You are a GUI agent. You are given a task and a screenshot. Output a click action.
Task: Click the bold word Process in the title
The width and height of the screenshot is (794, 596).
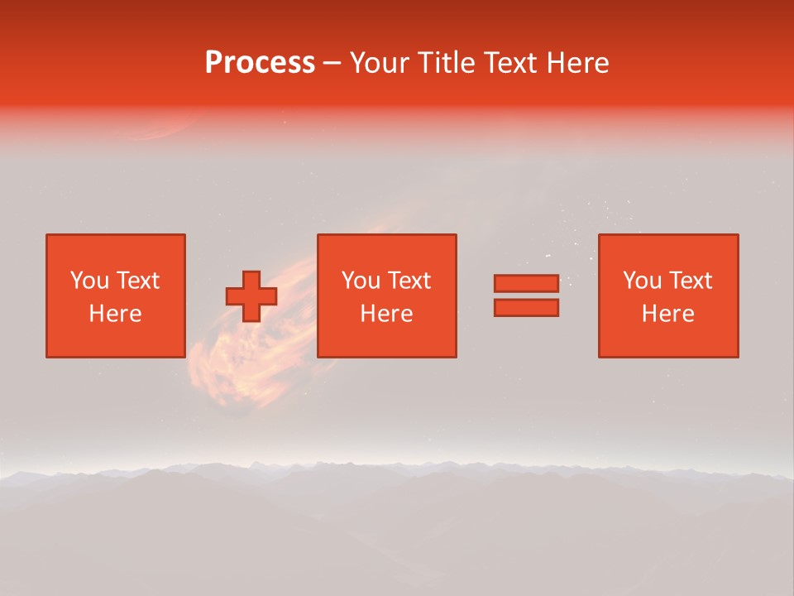click(x=260, y=63)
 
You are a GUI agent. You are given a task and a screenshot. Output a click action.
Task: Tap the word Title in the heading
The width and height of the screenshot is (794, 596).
click(x=445, y=63)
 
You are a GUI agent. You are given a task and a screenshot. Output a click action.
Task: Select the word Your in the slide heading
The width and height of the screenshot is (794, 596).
click(x=380, y=63)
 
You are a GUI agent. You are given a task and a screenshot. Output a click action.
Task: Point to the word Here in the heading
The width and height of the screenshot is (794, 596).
click(x=578, y=63)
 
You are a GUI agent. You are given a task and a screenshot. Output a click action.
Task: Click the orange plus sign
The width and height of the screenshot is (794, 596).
click(x=251, y=296)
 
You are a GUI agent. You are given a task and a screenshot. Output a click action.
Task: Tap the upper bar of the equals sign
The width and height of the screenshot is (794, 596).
click(x=526, y=283)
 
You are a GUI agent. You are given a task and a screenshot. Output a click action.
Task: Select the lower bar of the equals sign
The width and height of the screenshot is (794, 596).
click(x=526, y=307)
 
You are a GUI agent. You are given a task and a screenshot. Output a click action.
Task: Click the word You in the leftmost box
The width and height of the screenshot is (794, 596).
click(x=89, y=281)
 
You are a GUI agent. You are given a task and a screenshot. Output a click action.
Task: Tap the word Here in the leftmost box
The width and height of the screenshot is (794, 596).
click(x=115, y=314)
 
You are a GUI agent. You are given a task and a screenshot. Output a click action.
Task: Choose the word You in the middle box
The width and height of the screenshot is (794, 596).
click(x=361, y=281)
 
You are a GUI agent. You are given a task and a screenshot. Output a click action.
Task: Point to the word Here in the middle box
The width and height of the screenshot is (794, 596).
click(x=386, y=314)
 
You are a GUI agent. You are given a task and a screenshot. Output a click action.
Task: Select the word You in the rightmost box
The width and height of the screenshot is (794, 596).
click(x=642, y=281)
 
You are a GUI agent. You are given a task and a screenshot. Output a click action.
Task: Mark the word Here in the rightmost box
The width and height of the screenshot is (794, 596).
click(x=667, y=314)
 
